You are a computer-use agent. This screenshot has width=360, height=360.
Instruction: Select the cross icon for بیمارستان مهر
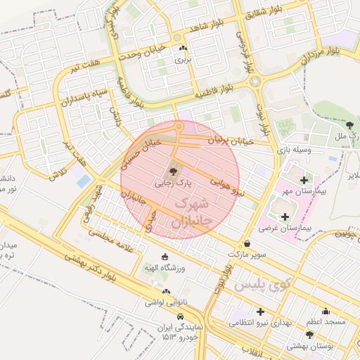click(x=303, y=180)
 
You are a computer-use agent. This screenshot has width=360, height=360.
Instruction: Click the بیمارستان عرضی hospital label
click(x=289, y=229)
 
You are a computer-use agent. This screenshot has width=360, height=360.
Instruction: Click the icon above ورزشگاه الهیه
click(x=165, y=256)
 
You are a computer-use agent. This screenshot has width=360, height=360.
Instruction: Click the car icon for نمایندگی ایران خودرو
click(x=181, y=316)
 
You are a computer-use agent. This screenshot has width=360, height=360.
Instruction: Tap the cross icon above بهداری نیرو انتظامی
click(x=260, y=311)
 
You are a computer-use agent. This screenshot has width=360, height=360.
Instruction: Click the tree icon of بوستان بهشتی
click(x=309, y=335)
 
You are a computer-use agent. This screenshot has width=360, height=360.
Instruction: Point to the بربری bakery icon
click(x=184, y=49)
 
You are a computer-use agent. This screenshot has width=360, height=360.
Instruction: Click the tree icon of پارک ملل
click(x=349, y=124)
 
